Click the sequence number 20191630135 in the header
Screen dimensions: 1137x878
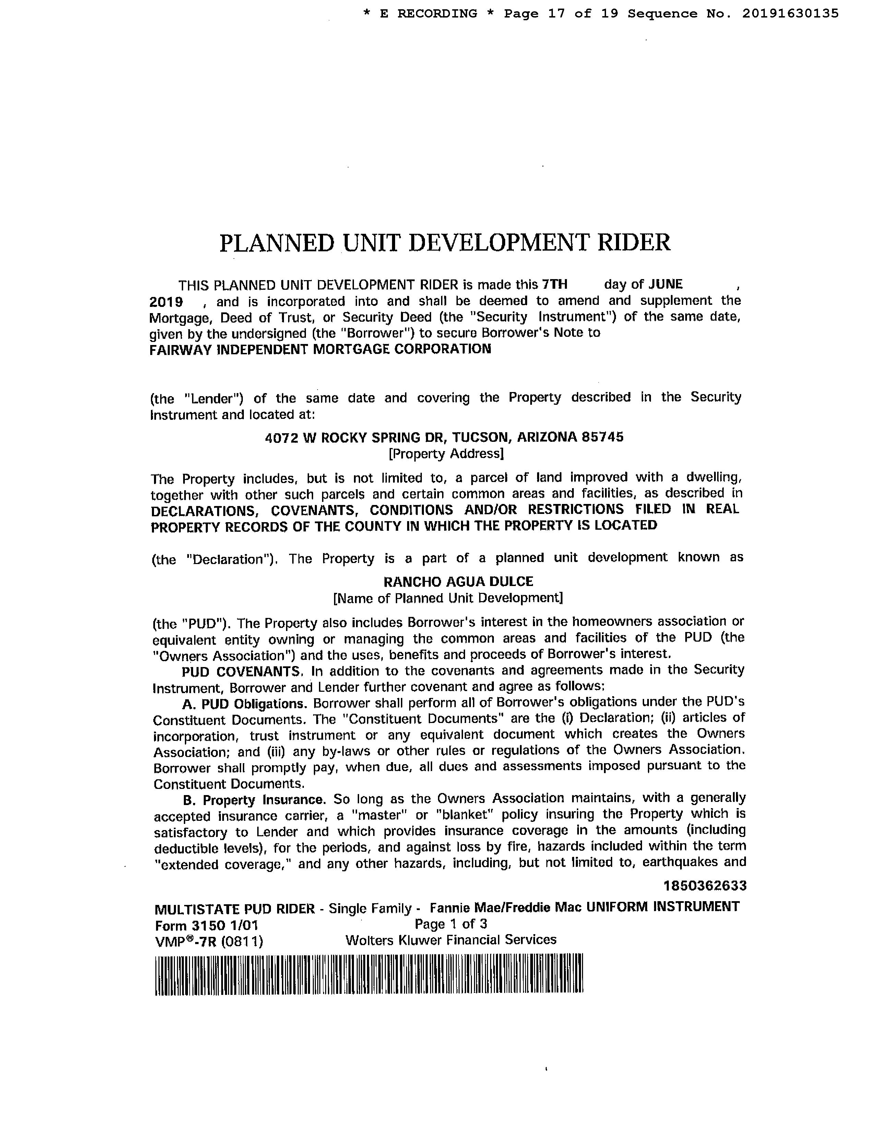pyautogui.click(x=790, y=13)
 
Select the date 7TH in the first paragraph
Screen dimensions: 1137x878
pyautogui.click(x=555, y=284)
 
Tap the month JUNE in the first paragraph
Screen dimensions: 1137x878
pyautogui.click(x=665, y=284)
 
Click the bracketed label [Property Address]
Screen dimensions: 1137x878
pyautogui.click(x=446, y=454)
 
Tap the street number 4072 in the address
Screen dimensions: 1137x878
pyautogui.click(x=280, y=437)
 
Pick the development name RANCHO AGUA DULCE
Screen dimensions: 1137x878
pyautogui.click(x=458, y=582)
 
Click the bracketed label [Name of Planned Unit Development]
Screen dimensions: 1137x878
pyautogui.click(x=448, y=598)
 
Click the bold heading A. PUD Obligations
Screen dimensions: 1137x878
pyautogui.click(x=245, y=704)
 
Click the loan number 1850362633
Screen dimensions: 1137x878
pyautogui.click(x=705, y=886)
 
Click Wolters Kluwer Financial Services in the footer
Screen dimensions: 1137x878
pyautogui.click(x=450, y=940)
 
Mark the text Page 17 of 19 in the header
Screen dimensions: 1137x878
pyautogui.click(x=561, y=13)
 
